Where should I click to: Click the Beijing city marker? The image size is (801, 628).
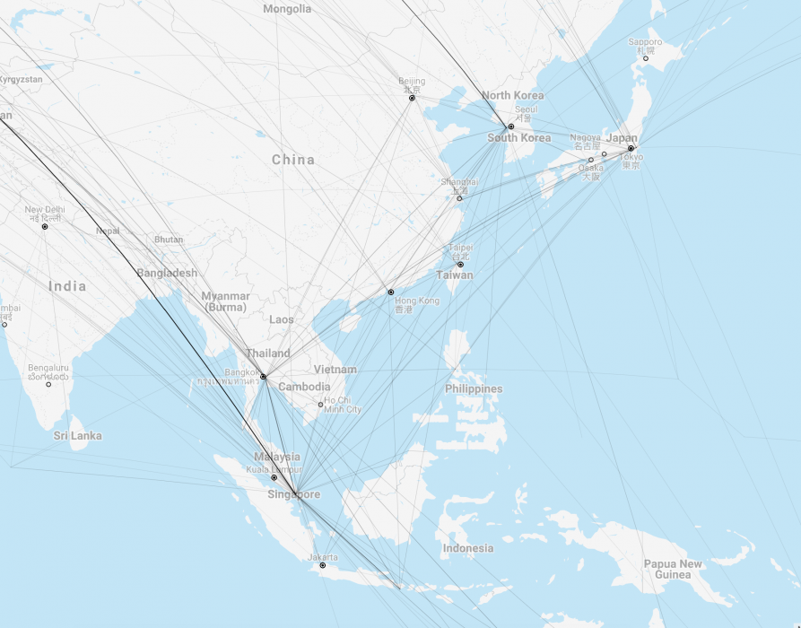412,98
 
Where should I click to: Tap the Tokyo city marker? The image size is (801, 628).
631,148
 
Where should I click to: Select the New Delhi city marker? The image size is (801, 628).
44,227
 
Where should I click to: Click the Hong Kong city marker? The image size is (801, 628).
390,292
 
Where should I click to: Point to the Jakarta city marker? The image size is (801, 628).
322,565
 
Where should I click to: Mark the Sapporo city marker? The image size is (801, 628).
645,58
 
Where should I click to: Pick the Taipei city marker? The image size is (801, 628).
460,265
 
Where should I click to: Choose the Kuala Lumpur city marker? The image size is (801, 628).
274,477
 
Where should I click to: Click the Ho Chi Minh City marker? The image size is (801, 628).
320,405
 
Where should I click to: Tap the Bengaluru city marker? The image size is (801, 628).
48,384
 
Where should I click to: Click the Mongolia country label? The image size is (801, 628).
287,9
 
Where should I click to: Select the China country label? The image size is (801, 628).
293,160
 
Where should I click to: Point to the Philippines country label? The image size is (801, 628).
474,389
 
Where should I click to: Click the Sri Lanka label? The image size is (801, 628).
77,436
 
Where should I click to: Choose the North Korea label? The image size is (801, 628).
512,95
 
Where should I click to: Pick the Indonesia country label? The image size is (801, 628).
467,548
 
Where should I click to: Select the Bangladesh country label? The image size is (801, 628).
167,273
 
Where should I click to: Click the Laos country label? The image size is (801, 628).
281,319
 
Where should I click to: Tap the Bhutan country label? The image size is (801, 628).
169,240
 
